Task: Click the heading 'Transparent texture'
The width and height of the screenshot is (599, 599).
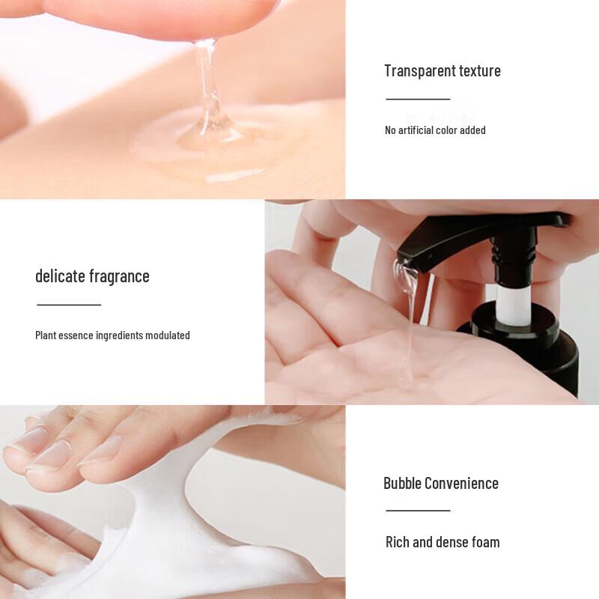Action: (x=442, y=71)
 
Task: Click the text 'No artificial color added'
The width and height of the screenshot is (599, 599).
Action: (x=435, y=130)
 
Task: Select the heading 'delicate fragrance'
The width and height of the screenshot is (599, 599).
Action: (x=92, y=276)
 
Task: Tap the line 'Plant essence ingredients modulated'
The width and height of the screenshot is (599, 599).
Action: (x=112, y=335)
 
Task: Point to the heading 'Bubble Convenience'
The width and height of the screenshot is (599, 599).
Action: (x=440, y=484)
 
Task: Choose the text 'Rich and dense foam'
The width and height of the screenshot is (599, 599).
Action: (x=443, y=542)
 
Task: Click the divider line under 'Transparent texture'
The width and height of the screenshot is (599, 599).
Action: (x=418, y=99)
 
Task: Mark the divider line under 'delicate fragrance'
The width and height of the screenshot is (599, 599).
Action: (x=69, y=305)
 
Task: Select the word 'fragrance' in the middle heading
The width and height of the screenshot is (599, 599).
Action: (x=119, y=276)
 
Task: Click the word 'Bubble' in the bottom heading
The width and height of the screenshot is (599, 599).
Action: (x=402, y=484)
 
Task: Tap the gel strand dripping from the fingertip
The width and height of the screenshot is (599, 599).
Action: (x=206, y=82)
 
